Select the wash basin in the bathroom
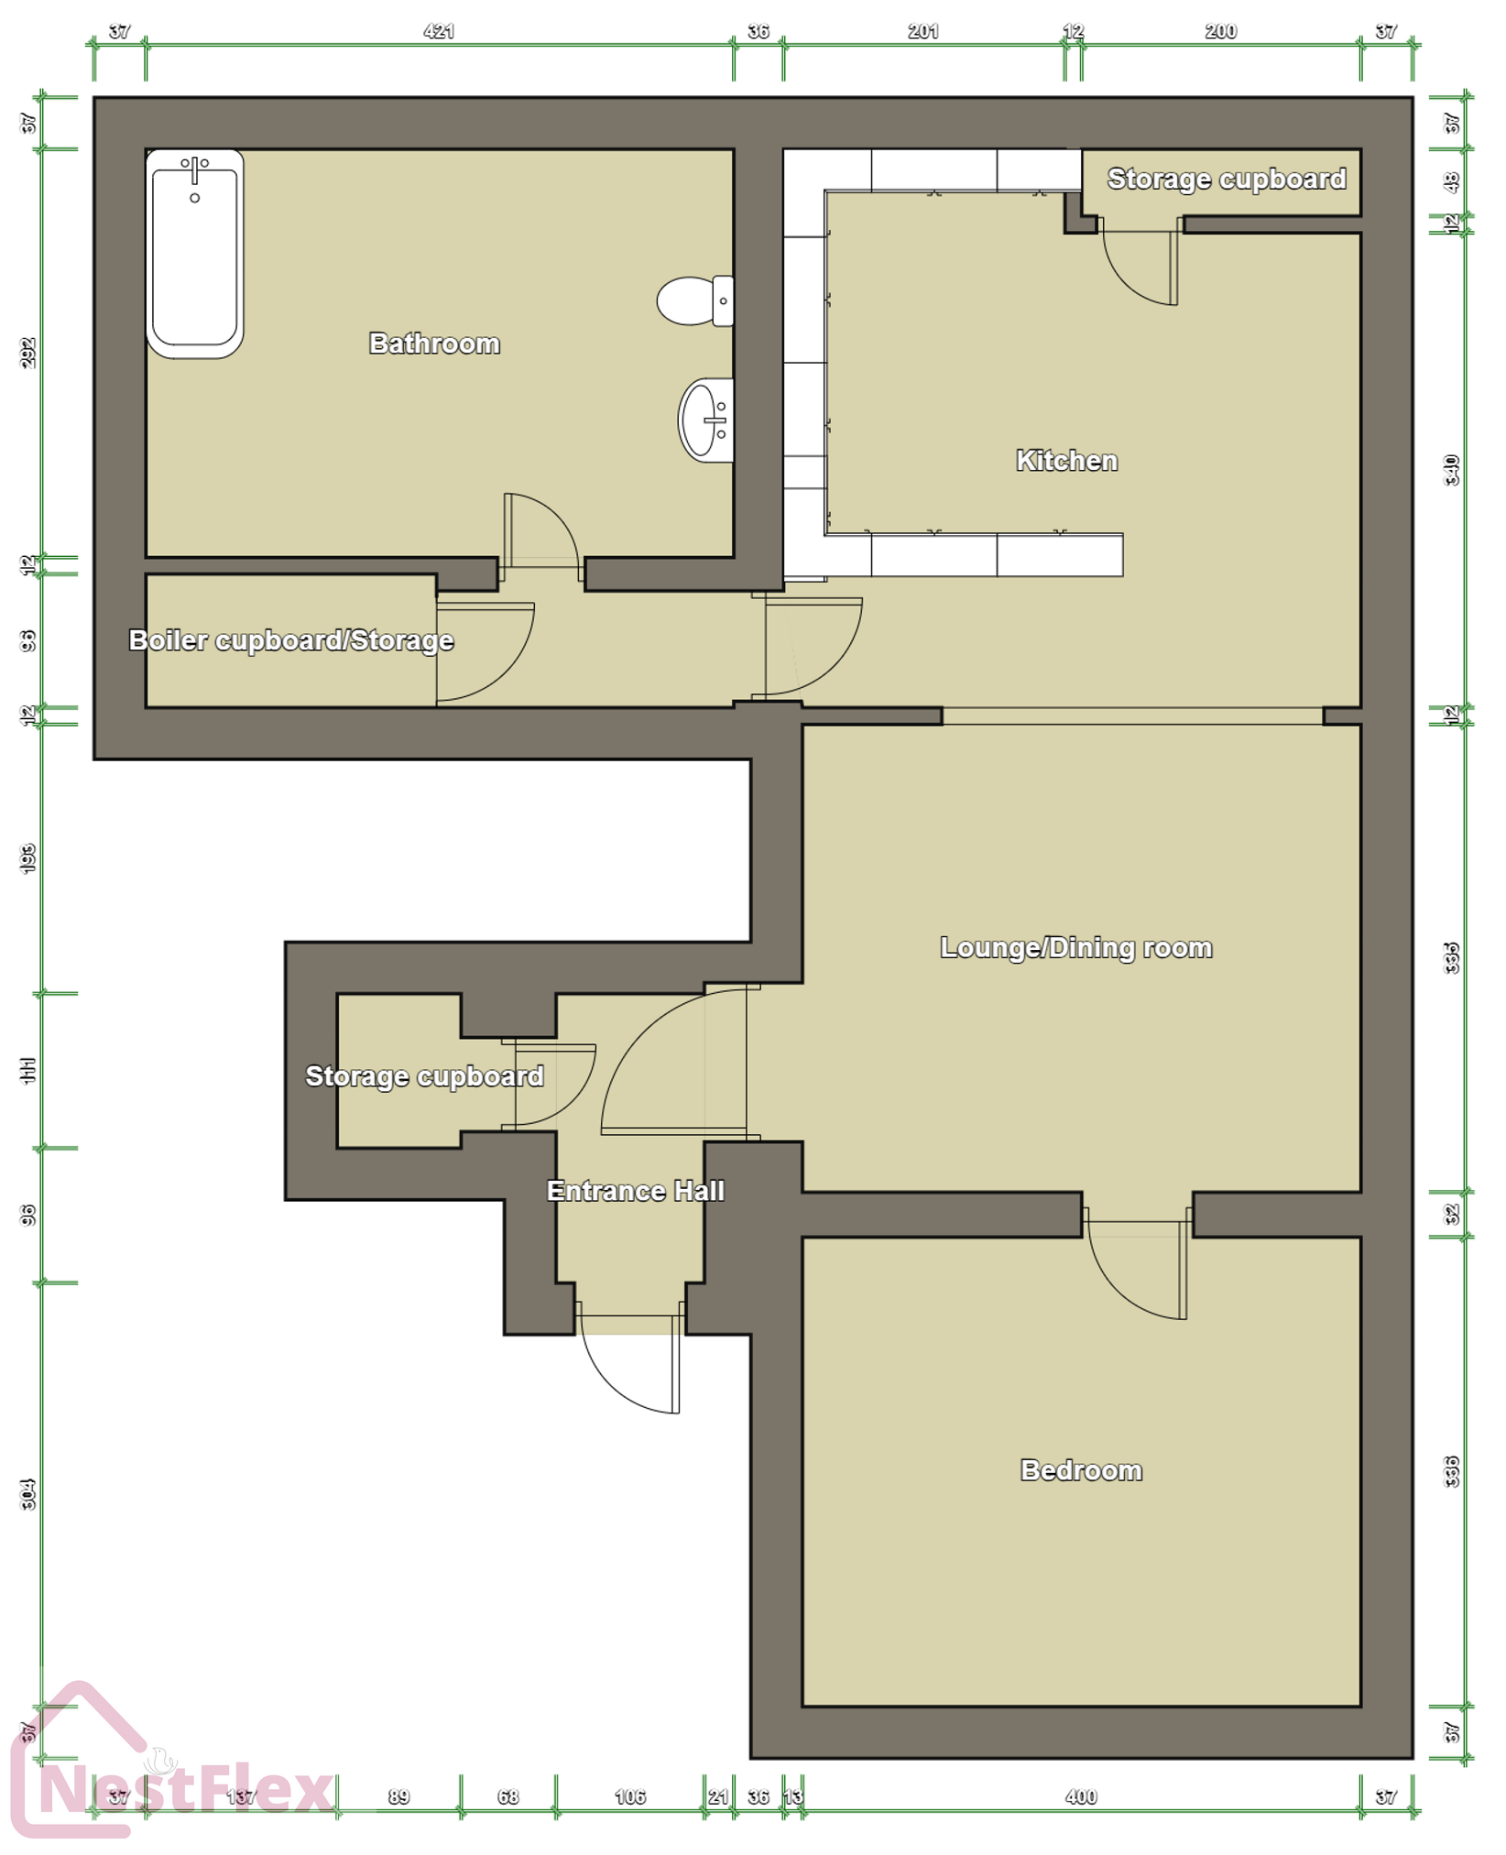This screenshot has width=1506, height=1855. pos(704,420)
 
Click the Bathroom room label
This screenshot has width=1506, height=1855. pos(434,344)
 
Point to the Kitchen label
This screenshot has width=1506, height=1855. pos(1066,460)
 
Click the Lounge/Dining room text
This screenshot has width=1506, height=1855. pos(1075,947)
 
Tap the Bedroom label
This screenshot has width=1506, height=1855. pos(1081,1470)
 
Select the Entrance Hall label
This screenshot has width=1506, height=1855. pos(635,1191)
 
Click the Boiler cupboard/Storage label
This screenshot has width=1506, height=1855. pos(290,640)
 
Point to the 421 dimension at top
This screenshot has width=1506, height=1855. pos(439,31)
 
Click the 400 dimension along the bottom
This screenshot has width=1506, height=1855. pos(1081,1796)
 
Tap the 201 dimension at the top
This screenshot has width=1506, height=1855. pos(922,31)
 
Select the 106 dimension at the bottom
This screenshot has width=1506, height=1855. pos(629,1796)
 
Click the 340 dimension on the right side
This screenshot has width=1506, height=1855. pos(1451,470)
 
